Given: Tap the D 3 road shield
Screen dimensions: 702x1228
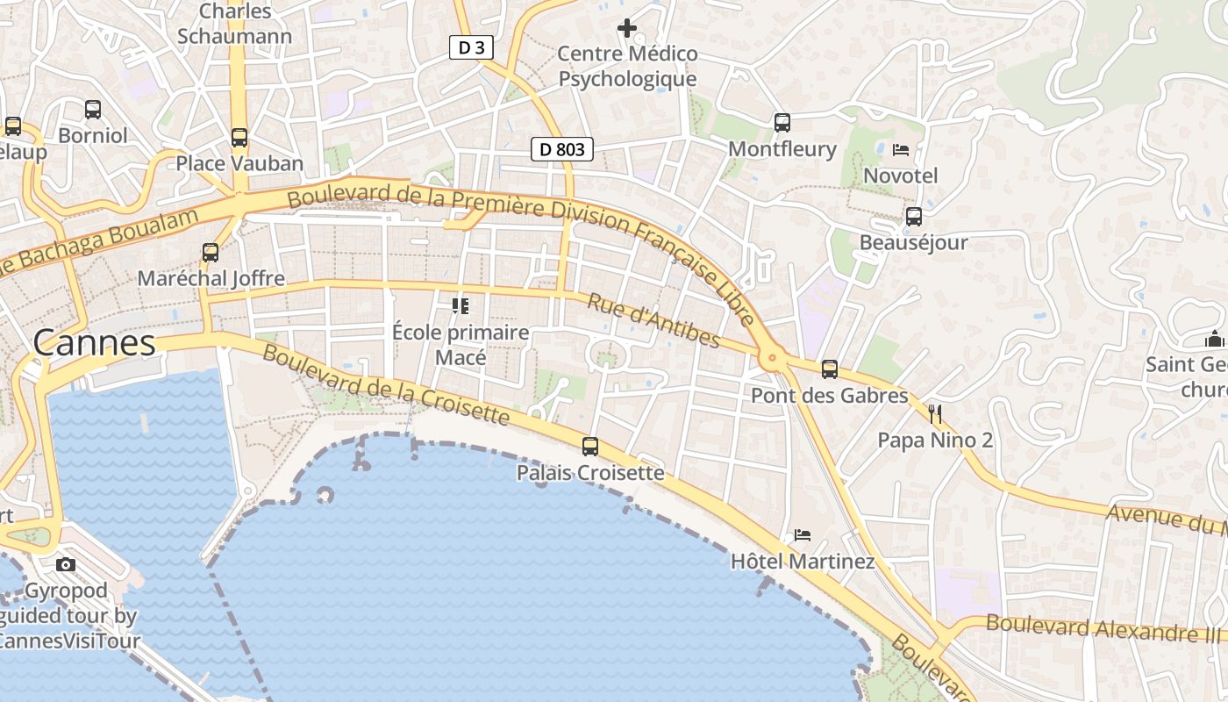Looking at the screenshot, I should click(x=471, y=47).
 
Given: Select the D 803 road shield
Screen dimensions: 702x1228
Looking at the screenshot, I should click(x=562, y=149).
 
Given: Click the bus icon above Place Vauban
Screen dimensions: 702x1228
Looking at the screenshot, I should click(x=239, y=137).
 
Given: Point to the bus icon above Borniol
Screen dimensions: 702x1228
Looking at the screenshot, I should click(x=93, y=110).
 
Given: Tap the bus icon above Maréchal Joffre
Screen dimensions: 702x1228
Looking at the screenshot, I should click(x=211, y=253).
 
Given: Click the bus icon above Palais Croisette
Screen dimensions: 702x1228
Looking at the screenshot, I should click(x=590, y=447).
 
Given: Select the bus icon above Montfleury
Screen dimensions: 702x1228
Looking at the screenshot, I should click(x=782, y=123).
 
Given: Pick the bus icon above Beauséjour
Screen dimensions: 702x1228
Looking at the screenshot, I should click(x=914, y=217).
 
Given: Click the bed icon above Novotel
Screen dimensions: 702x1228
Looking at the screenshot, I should click(x=901, y=150).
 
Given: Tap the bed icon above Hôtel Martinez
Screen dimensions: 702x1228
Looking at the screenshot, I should click(x=803, y=534).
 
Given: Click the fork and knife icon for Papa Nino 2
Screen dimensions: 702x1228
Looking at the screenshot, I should click(x=935, y=413).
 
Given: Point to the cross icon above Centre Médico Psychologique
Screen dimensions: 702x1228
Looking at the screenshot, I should click(x=627, y=28).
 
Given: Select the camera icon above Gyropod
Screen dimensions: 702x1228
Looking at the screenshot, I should click(x=66, y=564).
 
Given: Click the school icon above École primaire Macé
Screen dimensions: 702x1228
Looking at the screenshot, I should click(x=460, y=306).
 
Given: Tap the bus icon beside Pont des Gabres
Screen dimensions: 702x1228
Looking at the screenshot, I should click(x=830, y=369).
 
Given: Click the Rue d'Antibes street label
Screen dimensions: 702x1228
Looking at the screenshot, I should click(x=653, y=320).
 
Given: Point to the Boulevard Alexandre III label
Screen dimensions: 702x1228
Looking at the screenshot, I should click(x=1105, y=628).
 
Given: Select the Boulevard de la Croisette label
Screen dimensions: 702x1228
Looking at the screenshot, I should click(x=386, y=384).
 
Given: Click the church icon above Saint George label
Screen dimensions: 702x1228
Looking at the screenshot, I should click(x=1214, y=338).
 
